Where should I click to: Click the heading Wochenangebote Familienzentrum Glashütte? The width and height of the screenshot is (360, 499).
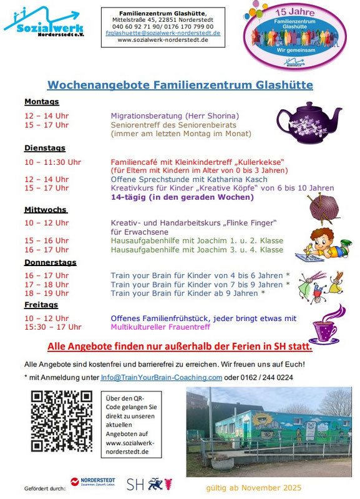click(x=180, y=85)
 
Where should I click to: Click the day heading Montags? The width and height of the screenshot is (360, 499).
click(x=41, y=102)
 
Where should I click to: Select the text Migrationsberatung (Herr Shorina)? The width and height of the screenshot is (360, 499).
click(x=175, y=116)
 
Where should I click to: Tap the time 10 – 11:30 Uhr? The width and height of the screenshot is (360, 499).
click(x=52, y=162)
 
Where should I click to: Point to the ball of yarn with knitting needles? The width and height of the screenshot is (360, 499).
click(x=323, y=209)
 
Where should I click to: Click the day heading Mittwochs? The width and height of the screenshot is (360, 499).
click(x=46, y=210)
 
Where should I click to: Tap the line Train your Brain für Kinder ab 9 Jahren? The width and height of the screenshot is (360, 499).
click(x=188, y=293)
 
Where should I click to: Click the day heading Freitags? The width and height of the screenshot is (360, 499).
click(x=41, y=305)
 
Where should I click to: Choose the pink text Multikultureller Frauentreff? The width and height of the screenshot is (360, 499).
click(x=160, y=327)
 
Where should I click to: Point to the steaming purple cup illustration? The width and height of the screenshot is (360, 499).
click(x=326, y=323)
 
